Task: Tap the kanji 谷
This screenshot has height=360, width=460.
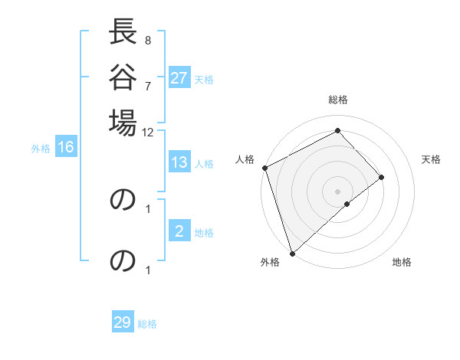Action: [x=123, y=77]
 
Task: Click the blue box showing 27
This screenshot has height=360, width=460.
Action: [x=179, y=78]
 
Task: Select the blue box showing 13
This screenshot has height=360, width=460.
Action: [x=179, y=162]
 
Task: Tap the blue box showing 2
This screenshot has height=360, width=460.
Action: [x=179, y=231]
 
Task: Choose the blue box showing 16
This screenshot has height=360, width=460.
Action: [x=66, y=147]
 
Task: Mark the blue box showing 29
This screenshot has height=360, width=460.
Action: [x=123, y=322]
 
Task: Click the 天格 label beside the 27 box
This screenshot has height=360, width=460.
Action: [x=204, y=79]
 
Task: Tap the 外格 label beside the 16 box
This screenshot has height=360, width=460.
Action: [x=41, y=148]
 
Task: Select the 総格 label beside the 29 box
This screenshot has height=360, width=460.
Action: [x=147, y=323]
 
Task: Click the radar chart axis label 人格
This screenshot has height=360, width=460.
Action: [x=245, y=159]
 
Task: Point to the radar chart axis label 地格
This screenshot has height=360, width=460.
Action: [x=402, y=262]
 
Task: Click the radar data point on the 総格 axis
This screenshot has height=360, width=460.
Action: [x=337, y=130]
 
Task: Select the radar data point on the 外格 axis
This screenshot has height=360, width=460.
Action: [x=292, y=253]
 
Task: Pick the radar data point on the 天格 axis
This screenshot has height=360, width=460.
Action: [x=382, y=177]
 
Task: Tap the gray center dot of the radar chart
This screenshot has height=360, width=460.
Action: [x=337, y=191]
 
